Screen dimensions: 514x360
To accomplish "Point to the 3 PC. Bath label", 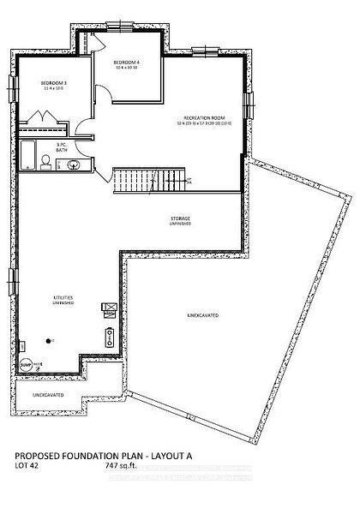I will [x=62, y=146].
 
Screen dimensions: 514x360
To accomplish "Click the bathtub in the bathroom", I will [x=27, y=155].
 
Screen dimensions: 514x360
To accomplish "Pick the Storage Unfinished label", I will [x=180, y=220].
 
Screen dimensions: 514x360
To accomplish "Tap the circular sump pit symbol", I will [x=26, y=365].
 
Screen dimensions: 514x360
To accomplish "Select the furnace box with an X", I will [x=108, y=306].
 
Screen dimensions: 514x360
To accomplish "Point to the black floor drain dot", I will [x=54, y=340].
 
